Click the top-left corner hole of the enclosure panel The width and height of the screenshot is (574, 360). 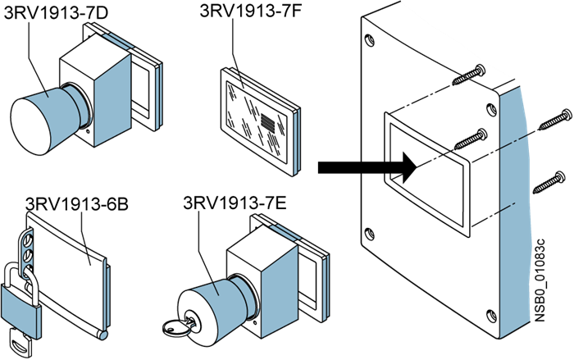click(x=371, y=36)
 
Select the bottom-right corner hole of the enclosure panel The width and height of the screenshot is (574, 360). click(x=490, y=312)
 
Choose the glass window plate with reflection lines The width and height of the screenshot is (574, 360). click(x=259, y=121)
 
